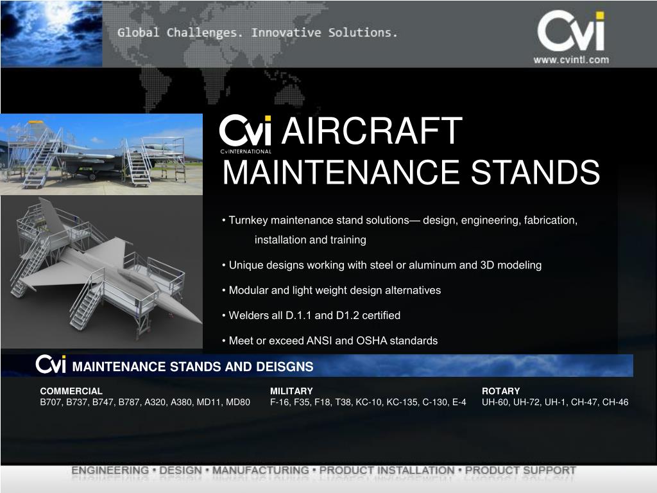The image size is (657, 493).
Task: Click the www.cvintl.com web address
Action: click(x=571, y=60)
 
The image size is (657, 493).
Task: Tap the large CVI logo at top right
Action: click(x=570, y=32)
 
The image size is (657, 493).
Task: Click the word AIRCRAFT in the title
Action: click(x=372, y=132)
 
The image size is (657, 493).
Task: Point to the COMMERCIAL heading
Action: click(x=71, y=391)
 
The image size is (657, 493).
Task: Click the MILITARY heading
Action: click(x=291, y=391)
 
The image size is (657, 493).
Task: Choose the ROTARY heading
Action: click(x=500, y=391)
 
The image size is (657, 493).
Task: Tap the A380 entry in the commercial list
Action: click(x=183, y=402)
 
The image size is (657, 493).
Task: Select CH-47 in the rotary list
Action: click(x=587, y=402)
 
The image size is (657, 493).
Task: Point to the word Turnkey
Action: click(x=248, y=221)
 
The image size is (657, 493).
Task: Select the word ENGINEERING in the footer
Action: click(x=110, y=471)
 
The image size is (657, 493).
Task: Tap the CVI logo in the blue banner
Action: click(x=51, y=365)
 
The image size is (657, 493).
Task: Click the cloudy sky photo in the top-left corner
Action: click(x=51, y=32)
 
